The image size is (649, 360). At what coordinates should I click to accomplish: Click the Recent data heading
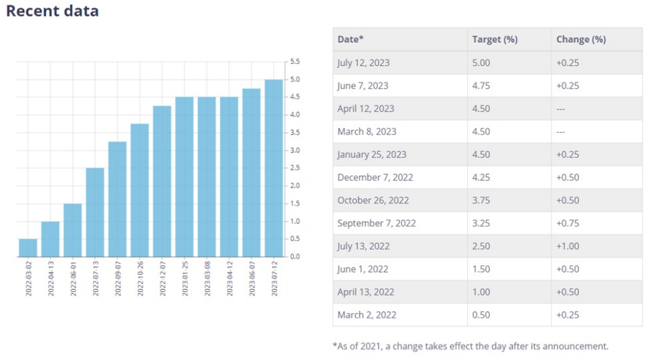(52, 12)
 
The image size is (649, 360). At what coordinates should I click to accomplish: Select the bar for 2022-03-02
(28, 248)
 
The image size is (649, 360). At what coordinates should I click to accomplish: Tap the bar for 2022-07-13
(95, 212)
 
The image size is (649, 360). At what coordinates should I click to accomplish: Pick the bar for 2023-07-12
(274, 168)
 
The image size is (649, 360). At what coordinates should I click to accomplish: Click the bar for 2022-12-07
(162, 181)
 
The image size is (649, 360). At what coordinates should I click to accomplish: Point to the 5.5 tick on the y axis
(295, 62)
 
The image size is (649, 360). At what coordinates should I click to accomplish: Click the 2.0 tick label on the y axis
(295, 186)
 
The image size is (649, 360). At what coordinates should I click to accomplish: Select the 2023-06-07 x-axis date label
(252, 278)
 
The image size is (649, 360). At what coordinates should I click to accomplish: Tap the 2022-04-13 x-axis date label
(51, 278)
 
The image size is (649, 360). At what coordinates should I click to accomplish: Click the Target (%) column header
(495, 39)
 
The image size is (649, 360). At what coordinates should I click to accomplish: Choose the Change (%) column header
(581, 39)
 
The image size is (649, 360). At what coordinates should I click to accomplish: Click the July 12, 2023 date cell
(364, 63)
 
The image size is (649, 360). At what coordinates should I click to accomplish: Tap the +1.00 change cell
(568, 246)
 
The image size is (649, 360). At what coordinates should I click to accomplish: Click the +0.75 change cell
(568, 223)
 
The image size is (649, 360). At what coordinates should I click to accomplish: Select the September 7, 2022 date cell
(376, 223)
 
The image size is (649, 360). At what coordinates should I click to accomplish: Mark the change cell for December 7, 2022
(568, 178)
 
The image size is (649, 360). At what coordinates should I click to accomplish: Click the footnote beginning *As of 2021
(470, 346)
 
